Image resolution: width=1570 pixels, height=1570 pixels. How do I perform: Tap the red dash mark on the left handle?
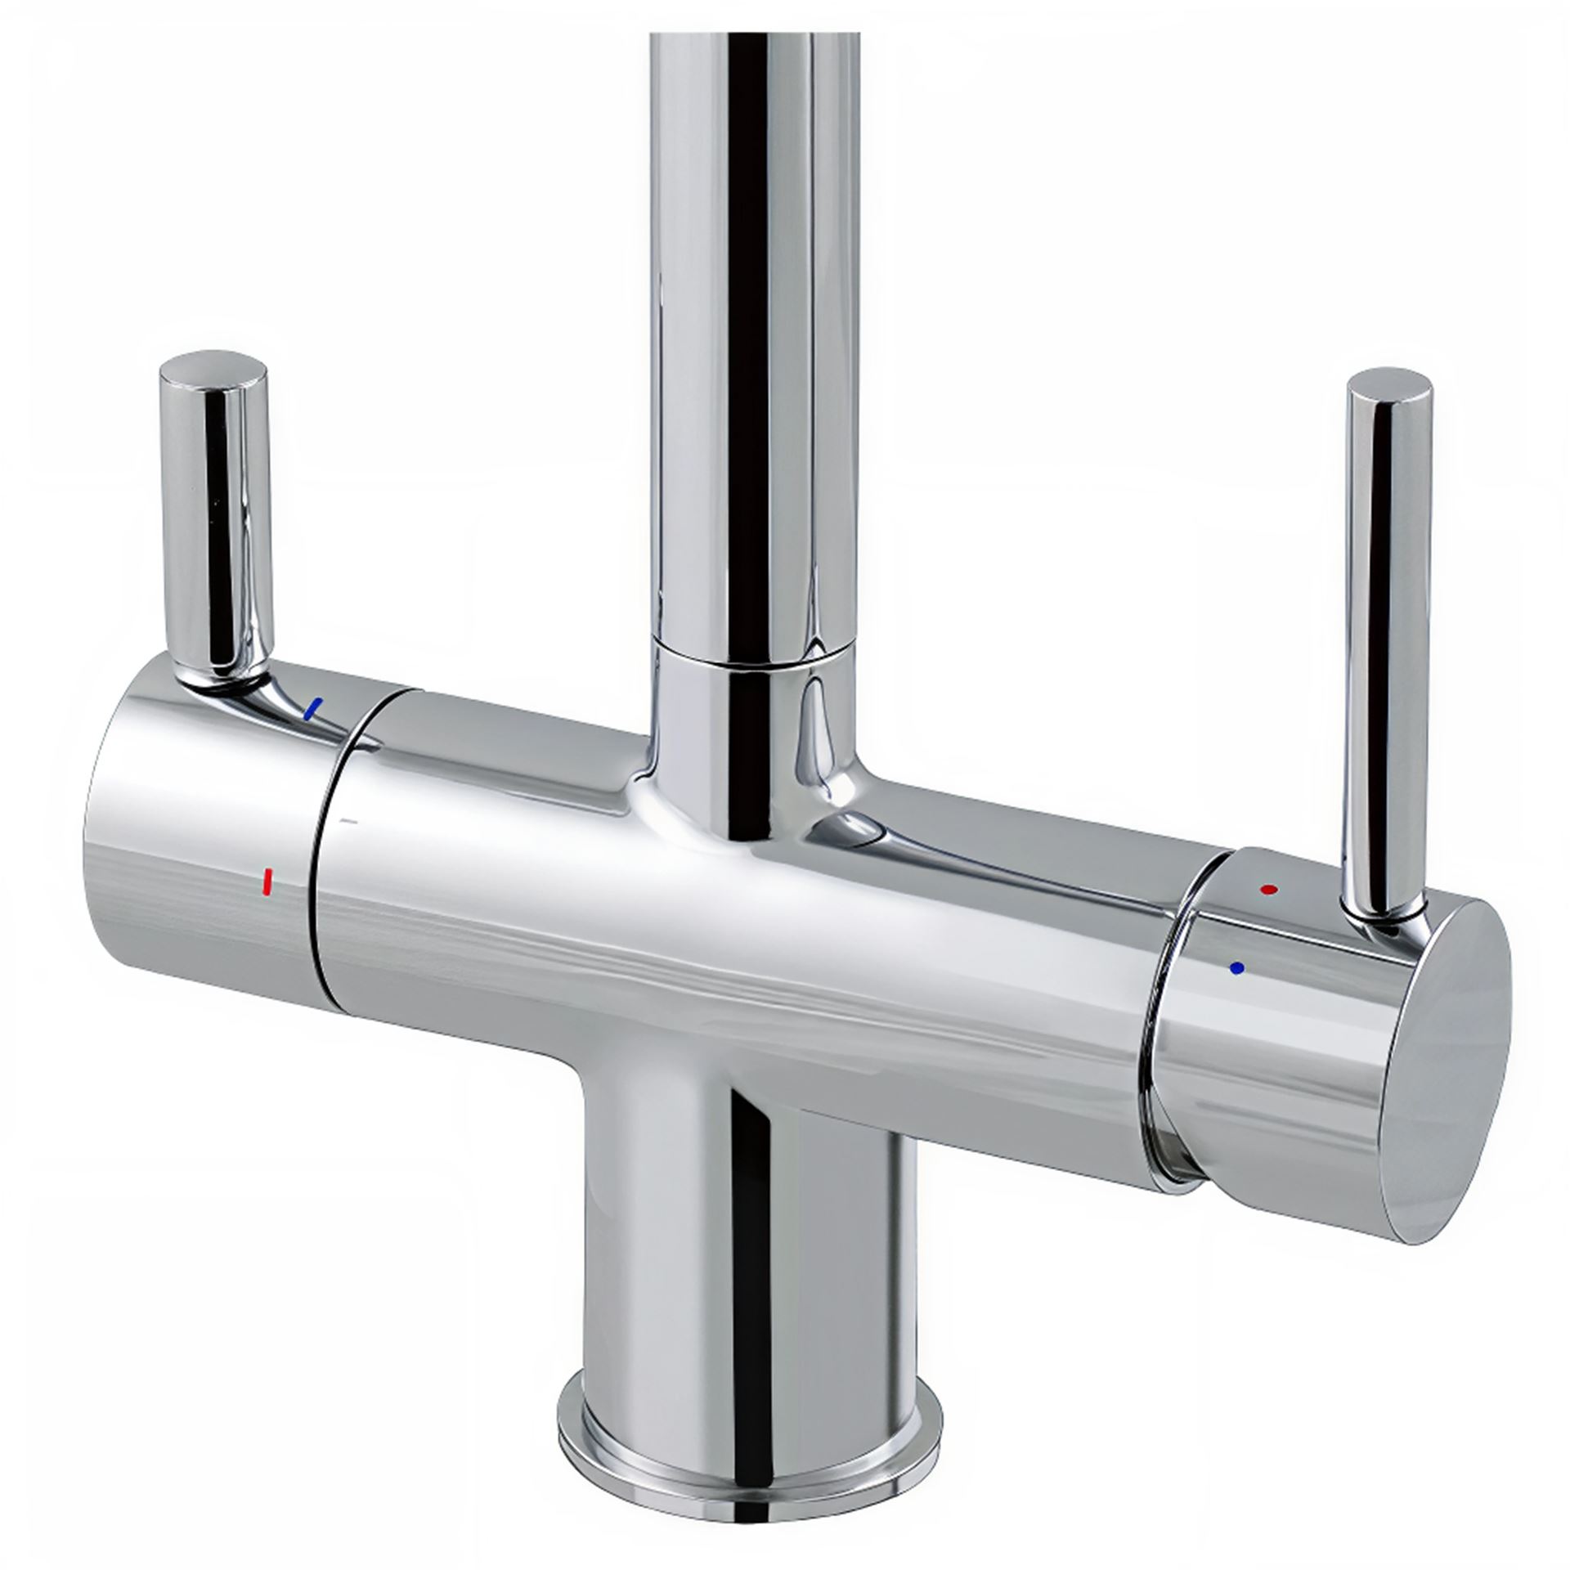tap(265, 881)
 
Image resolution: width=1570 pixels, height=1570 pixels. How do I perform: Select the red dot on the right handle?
tap(1268, 888)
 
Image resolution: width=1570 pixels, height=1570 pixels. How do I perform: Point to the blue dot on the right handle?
tap(1236, 967)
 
